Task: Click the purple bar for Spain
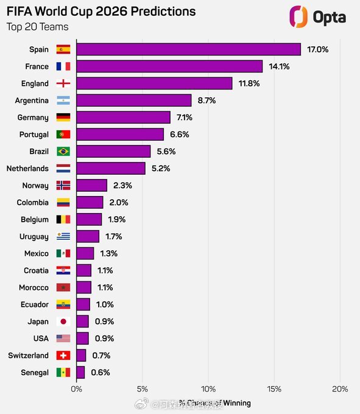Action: click(188, 49)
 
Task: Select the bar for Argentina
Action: click(133, 100)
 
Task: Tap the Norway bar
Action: click(91, 185)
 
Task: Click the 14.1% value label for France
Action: click(280, 66)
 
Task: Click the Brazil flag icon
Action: click(63, 151)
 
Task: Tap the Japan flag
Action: click(63, 321)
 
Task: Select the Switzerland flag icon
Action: click(63, 356)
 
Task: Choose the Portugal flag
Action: click(63, 134)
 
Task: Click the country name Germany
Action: click(34, 118)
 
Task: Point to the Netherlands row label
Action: click(27, 168)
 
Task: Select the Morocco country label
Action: click(33, 287)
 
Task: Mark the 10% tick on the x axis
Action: click(208, 389)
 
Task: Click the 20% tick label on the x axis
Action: click(340, 389)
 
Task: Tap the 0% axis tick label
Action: click(77, 389)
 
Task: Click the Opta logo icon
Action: click(298, 16)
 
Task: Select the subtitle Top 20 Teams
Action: click(37, 27)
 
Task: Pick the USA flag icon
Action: click(63, 339)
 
